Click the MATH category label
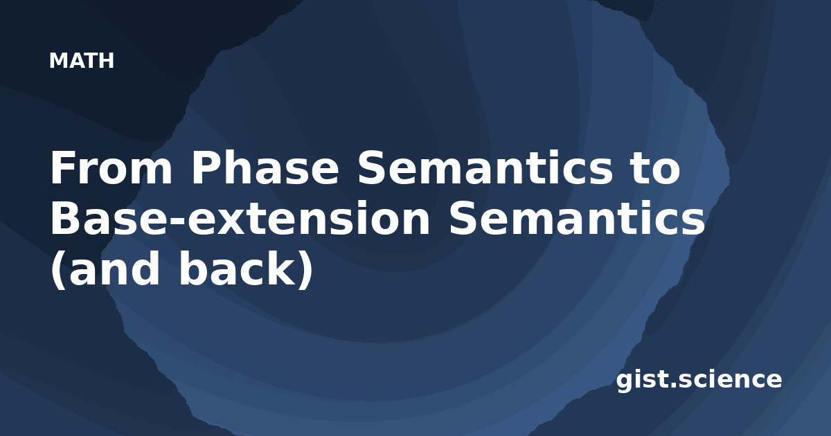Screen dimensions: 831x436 click(x=82, y=61)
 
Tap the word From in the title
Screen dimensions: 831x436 click(x=111, y=167)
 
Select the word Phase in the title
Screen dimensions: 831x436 click(x=265, y=167)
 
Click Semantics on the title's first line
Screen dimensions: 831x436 click(x=485, y=167)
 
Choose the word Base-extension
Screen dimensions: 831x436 click(x=240, y=218)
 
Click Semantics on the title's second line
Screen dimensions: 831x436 click(x=576, y=218)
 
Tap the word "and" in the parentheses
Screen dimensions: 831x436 click(x=114, y=268)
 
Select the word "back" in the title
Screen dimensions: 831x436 click(x=238, y=268)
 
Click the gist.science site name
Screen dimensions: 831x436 click(x=699, y=380)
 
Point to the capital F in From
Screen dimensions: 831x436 click(x=62, y=167)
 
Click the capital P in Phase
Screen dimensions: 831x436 click(x=206, y=167)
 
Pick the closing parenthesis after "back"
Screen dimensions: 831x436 click(x=305, y=269)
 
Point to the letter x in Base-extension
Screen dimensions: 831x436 click(x=231, y=222)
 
